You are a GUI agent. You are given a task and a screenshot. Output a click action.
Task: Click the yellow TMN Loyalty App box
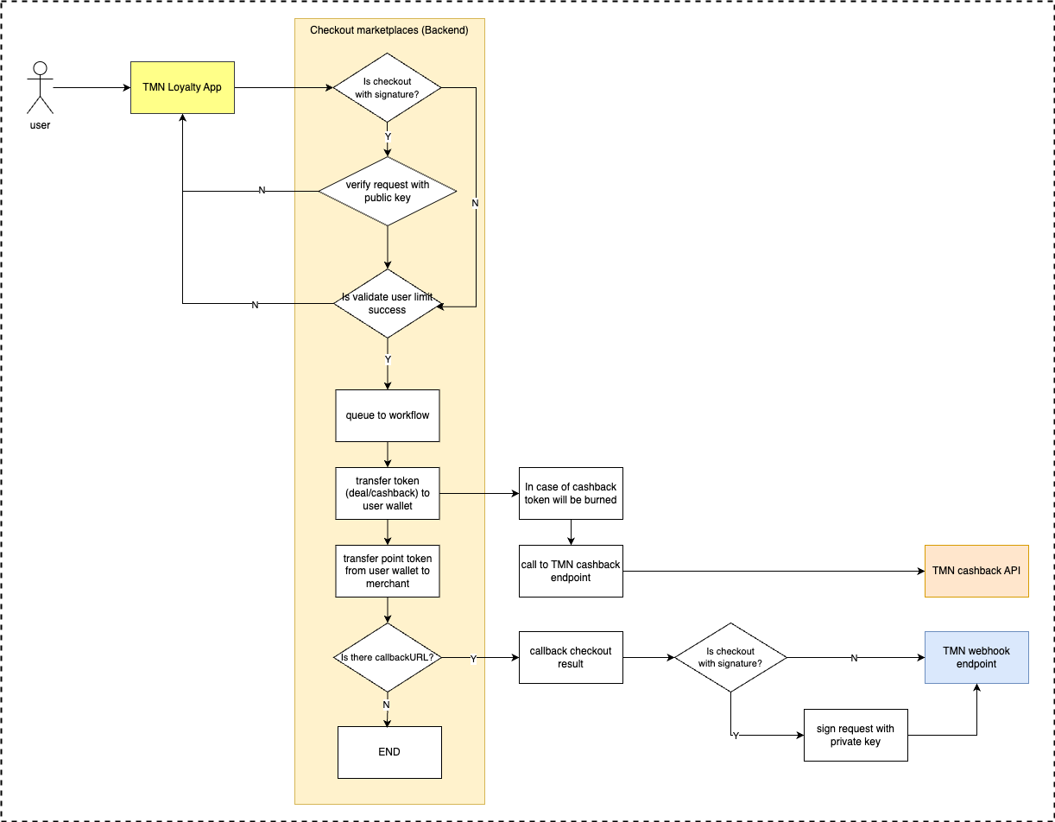coord(182,87)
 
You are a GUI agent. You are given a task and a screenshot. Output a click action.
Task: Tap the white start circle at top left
coord(40,68)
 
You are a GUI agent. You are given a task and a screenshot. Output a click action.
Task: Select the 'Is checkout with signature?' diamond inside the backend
coord(388,88)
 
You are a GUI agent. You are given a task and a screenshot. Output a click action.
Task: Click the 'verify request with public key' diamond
coord(388,191)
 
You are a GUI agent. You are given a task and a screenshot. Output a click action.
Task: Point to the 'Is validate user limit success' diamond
coord(388,303)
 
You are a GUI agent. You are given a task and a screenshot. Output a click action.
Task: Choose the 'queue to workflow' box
coord(388,415)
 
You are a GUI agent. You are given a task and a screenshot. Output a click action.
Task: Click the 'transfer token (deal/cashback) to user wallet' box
coord(388,493)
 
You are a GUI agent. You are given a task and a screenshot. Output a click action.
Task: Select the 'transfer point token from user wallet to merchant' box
coord(388,571)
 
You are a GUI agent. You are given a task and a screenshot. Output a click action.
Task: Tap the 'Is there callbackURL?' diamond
coord(388,657)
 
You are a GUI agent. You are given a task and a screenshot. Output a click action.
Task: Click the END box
coord(389,752)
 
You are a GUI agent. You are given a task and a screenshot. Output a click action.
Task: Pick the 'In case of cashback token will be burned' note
coord(571,493)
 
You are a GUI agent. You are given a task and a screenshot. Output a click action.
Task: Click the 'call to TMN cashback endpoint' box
coord(571,571)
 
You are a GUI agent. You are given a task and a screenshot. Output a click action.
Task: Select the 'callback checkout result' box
coord(571,657)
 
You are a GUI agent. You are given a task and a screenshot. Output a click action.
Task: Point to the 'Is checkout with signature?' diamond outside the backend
coord(730,657)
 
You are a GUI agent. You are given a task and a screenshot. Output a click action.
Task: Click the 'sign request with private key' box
coord(856,735)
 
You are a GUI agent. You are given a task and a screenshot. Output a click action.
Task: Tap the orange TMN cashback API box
coord(976,571)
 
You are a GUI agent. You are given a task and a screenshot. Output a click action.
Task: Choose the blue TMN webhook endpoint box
coord(976,657)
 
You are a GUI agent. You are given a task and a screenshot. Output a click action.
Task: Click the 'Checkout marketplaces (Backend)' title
coord(389,30)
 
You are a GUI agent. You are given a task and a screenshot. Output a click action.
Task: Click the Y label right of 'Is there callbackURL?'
coord(473,659)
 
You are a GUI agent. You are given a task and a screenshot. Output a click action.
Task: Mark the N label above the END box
coord(386,705)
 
